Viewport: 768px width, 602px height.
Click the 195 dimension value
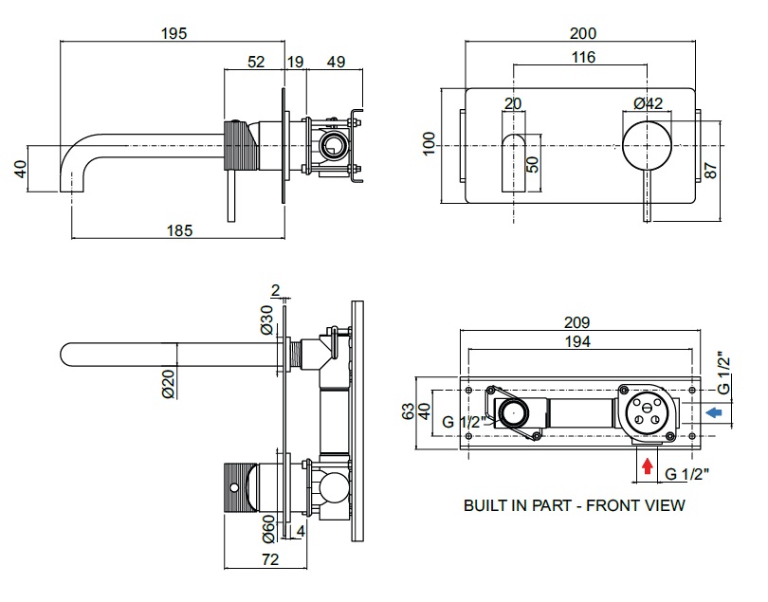174,32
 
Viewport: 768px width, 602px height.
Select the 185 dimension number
180,230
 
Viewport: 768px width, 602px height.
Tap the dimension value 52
256,62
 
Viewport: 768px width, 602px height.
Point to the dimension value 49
336,62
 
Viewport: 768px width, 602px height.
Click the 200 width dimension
583,32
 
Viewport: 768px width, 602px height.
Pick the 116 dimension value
583,58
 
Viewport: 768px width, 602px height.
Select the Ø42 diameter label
648,103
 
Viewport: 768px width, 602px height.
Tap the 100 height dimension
429,144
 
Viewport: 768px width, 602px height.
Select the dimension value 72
269,559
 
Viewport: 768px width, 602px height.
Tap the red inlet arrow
648,465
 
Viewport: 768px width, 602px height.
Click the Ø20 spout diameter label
169,382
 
